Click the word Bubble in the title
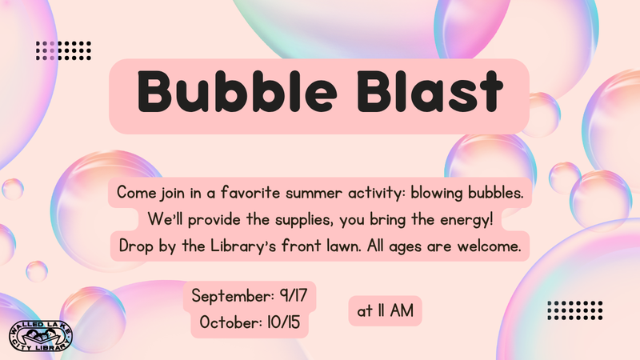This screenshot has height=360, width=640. tap(237, 91)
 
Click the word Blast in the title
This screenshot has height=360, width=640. tap(430, 91)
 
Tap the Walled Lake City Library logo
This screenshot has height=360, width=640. tap(41, 336)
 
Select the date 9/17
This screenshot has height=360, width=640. tap(293, 295)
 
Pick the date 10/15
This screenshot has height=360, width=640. tap(284, 322)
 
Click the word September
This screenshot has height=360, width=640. tap(233, 296)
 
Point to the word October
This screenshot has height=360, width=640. tap(230, 322)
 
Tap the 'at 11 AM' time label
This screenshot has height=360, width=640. tap(385, 310)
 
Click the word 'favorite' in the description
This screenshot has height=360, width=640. tap(250, 192)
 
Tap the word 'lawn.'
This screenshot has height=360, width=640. tap(344, 246)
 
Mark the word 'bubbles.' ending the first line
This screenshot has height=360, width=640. tap(495, 192)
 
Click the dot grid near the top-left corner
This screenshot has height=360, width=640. tap(63, 50)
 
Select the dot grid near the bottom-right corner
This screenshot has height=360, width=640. tap(574, 310)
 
